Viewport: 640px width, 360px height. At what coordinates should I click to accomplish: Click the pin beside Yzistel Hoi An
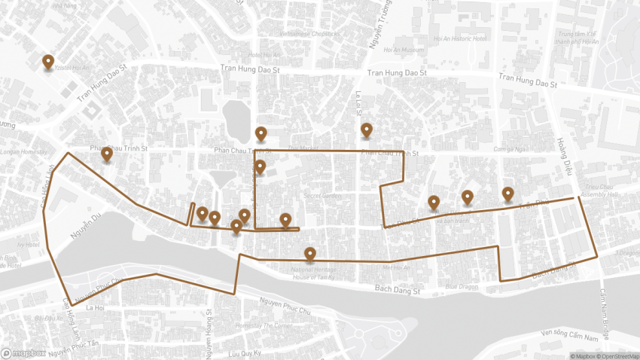(x=48, y=62)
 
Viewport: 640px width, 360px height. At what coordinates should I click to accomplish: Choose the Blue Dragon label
(x=462, y=286)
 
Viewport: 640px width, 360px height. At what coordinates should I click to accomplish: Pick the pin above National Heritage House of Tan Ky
(x=309, y=254)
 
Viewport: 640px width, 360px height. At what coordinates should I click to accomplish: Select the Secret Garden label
(x=322, y=196)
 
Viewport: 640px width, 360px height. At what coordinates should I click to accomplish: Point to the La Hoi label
(x=94, y=308)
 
